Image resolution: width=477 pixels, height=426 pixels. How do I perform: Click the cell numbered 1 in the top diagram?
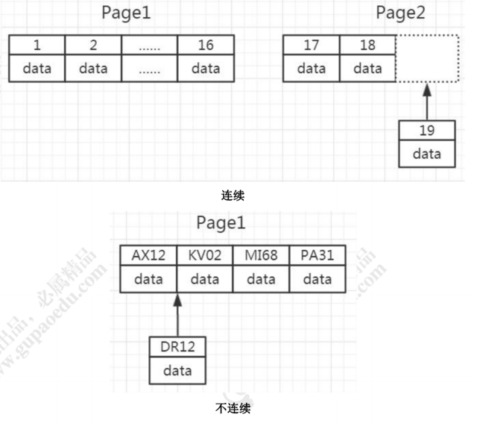click(37, 46)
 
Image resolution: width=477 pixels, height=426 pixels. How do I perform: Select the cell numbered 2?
click(93, 46)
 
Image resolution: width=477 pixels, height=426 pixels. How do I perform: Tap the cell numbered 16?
click(206, 46)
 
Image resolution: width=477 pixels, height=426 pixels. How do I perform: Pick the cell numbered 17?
click(312, 46)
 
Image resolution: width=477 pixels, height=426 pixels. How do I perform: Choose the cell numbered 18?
click(367, 46)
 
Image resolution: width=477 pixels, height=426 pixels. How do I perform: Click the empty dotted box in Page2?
click(425, 58)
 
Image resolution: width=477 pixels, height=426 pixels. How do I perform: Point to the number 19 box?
click(427, 131)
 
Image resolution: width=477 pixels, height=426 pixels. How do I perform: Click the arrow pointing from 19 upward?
click(426, 101)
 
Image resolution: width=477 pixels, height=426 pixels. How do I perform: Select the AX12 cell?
click(148, 256)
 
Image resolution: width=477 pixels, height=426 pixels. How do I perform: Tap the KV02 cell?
click(205, 256)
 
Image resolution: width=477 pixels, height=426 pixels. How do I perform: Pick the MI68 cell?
click(261, 256)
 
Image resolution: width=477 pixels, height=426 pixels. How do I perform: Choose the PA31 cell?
click(318, 256)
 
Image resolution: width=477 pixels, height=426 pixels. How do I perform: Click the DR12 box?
click(177, 348)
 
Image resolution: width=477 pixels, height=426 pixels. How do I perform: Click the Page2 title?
click(400, 13)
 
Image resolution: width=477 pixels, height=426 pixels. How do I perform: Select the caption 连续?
click(233, 195)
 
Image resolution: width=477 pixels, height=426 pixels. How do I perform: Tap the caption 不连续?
click(233, 409)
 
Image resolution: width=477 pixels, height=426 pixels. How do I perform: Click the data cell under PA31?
click(318, 280)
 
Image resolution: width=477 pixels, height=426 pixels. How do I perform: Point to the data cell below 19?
click(427, 154)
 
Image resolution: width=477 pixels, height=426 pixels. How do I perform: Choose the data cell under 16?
click(206, 69)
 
